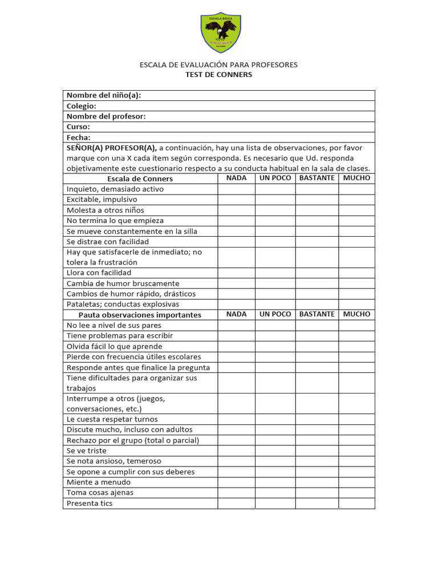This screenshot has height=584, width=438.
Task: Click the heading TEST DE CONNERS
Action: pos(219,75)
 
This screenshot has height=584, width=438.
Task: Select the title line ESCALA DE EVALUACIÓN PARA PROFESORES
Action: pos(219,65)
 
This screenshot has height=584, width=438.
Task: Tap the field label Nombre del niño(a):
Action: pos(104,95)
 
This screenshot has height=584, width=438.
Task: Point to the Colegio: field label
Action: pos(82,106)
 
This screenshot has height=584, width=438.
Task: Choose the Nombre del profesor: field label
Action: pos(106,116)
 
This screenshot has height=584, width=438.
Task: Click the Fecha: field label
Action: pos(79,137)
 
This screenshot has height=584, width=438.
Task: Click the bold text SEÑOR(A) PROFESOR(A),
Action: pos(112,148)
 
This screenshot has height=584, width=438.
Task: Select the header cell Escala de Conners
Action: pos(140,179)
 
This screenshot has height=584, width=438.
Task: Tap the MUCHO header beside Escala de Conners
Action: pos(356,178)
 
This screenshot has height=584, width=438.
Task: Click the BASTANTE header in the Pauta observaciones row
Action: pos(317,314)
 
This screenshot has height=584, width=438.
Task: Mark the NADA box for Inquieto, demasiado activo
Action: pos(236,189)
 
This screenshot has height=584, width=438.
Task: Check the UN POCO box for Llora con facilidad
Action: pos(275,273)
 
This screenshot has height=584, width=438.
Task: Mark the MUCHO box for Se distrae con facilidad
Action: pos(356,242)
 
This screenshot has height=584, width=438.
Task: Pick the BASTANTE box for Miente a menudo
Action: pos(317,482)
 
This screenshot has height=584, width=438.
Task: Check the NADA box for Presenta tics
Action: pos(236,504)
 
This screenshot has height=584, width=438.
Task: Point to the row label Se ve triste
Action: pos(87,451)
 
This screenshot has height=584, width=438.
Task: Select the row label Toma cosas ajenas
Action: pos(100,493)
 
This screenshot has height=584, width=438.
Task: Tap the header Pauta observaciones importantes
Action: pos(140,315)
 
